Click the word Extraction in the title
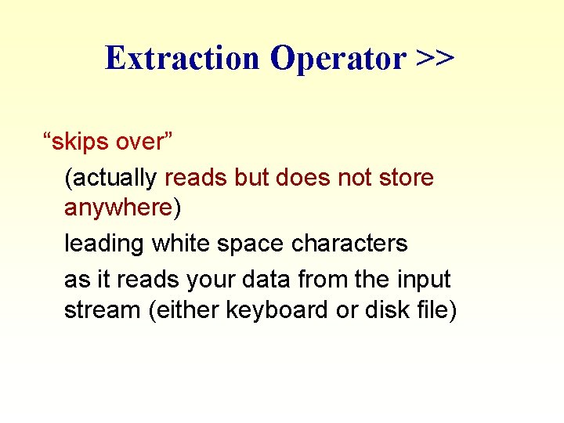point(181,58)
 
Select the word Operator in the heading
point(337,58)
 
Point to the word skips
point(81,143)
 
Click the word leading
point(103,244)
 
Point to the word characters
point(349,244)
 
